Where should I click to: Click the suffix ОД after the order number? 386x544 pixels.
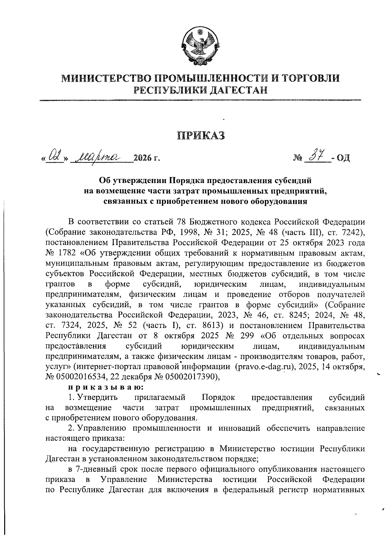342,159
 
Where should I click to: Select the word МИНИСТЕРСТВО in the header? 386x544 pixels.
106,78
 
